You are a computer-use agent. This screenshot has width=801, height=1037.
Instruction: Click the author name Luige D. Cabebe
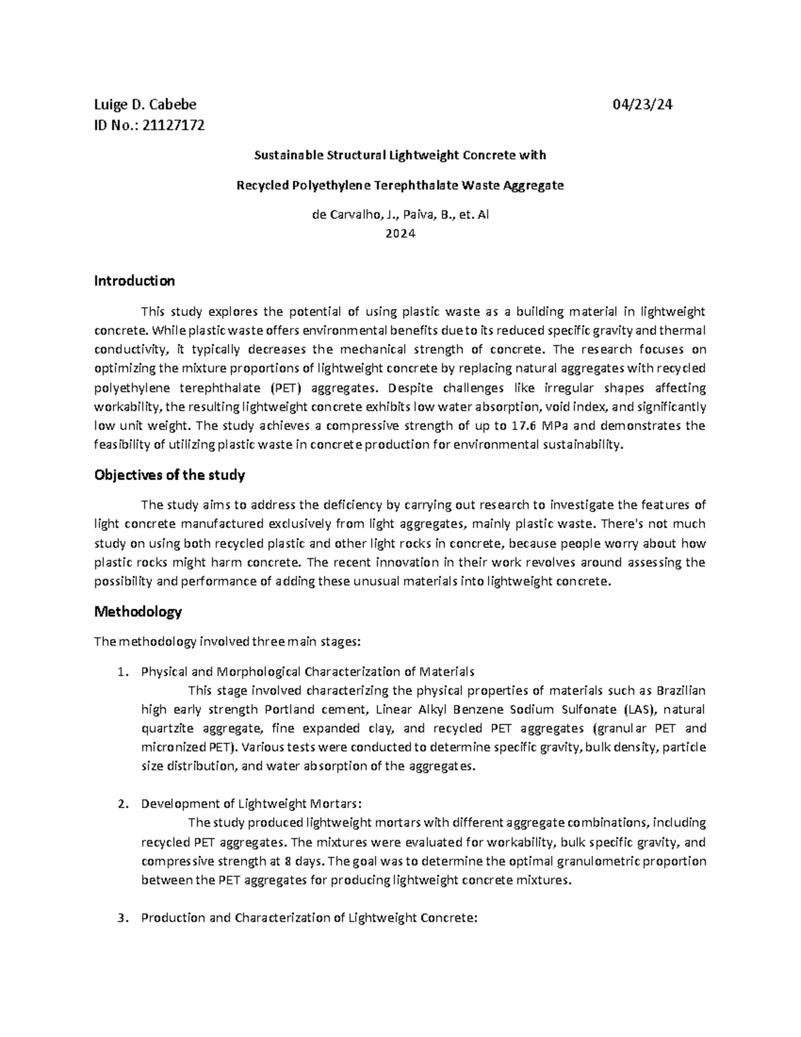[145, 104]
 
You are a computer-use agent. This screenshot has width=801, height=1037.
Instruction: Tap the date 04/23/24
[642, 104]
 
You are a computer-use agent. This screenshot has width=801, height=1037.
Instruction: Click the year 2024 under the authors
[400, 234]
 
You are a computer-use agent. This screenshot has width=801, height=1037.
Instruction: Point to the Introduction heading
[134, 280]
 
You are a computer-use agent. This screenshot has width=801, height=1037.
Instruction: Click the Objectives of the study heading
[170, 475]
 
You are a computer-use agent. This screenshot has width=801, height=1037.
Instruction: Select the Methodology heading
[138, 612]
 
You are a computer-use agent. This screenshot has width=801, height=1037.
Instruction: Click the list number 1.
[121, 672]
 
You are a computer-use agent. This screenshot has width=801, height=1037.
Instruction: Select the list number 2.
[121, 804]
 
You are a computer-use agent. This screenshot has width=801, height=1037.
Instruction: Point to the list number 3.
[121, 917]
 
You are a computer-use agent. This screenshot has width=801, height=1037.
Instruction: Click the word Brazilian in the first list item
[681, 690]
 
